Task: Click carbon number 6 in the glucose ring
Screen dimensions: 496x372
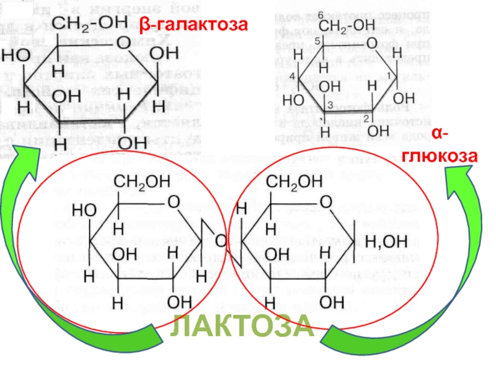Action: [x=320, y=15]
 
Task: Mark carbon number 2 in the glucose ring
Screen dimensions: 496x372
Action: [x=366, y=118]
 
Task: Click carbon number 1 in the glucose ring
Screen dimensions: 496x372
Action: [x=389, y=75]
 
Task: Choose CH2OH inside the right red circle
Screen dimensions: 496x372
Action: [x=294, y=182]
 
